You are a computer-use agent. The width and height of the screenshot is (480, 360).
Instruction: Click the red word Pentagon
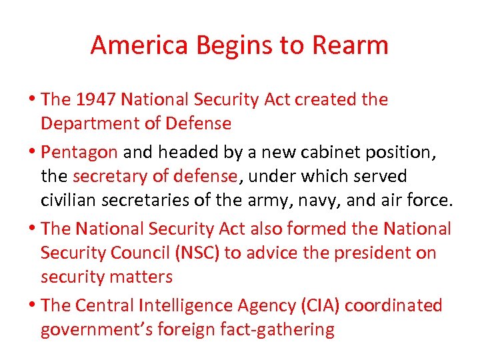click(x=79, y=152)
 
